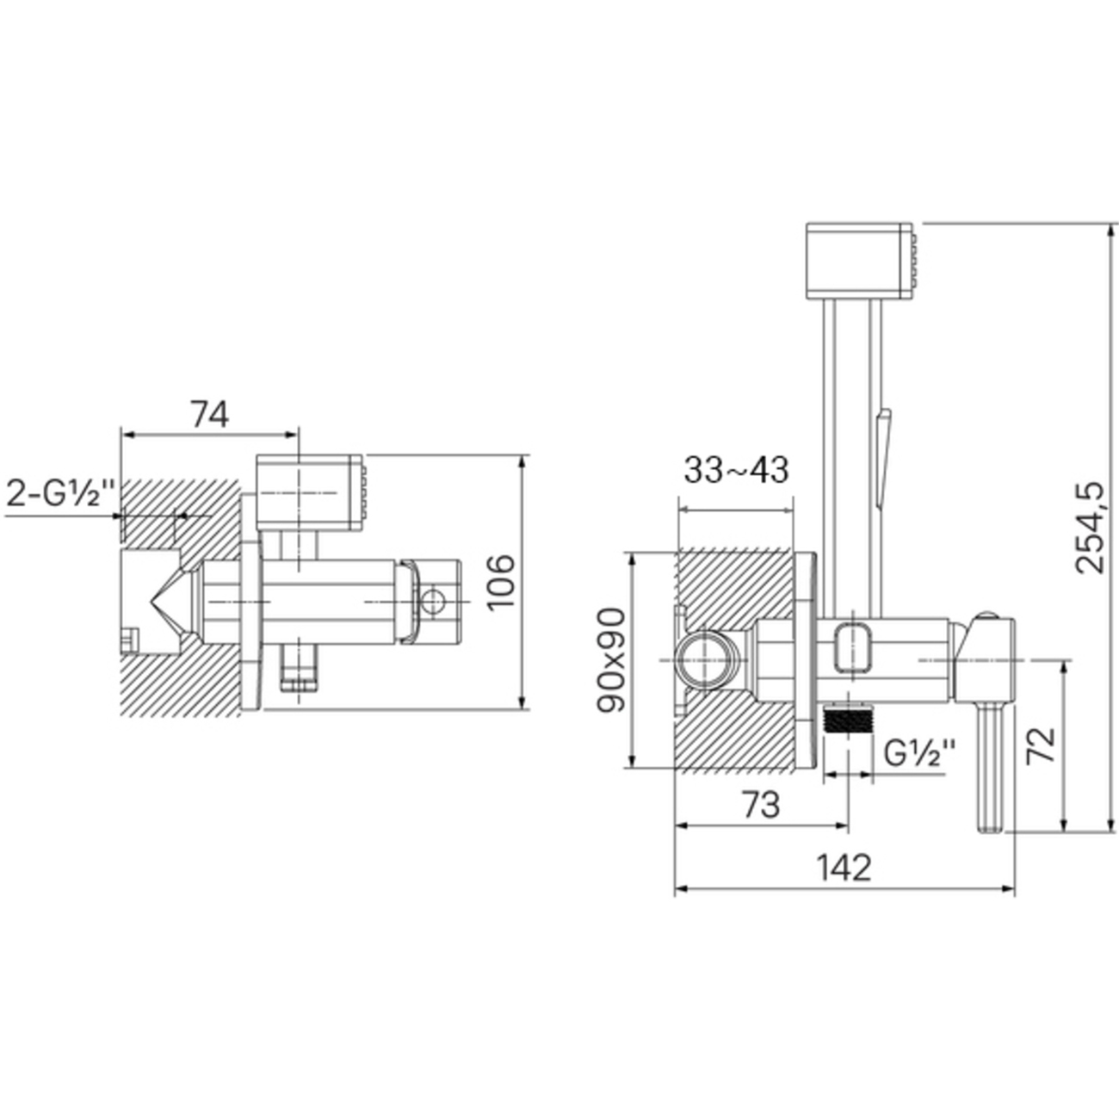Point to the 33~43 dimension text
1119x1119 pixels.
click(x=736, y=470)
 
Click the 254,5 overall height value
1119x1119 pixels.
click(x=1088, y=528)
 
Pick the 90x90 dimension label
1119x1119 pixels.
click(x=611, y=659)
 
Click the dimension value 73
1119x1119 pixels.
click(x=761, y=805)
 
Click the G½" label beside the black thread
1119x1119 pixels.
click(x=920, y=754)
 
